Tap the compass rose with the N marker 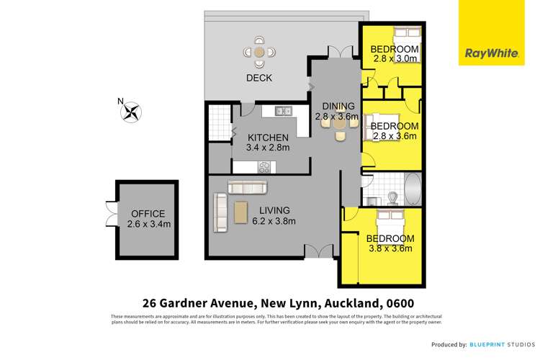(x=131, y=112)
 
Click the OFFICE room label (x=148, y=214)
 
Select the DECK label (x=258, y=78)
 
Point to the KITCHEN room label (x=268, y=138)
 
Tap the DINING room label (x=335, y=105)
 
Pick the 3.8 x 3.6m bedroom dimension (x=389, y=249)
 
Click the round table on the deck (x=258, y=53)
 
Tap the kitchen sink (x=283, y=111)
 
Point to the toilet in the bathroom (x=393, y=196)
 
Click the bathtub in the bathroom (x=413, y=191)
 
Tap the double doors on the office (x=110, y=214)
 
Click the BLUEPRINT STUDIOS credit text (x=503, y=345)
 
